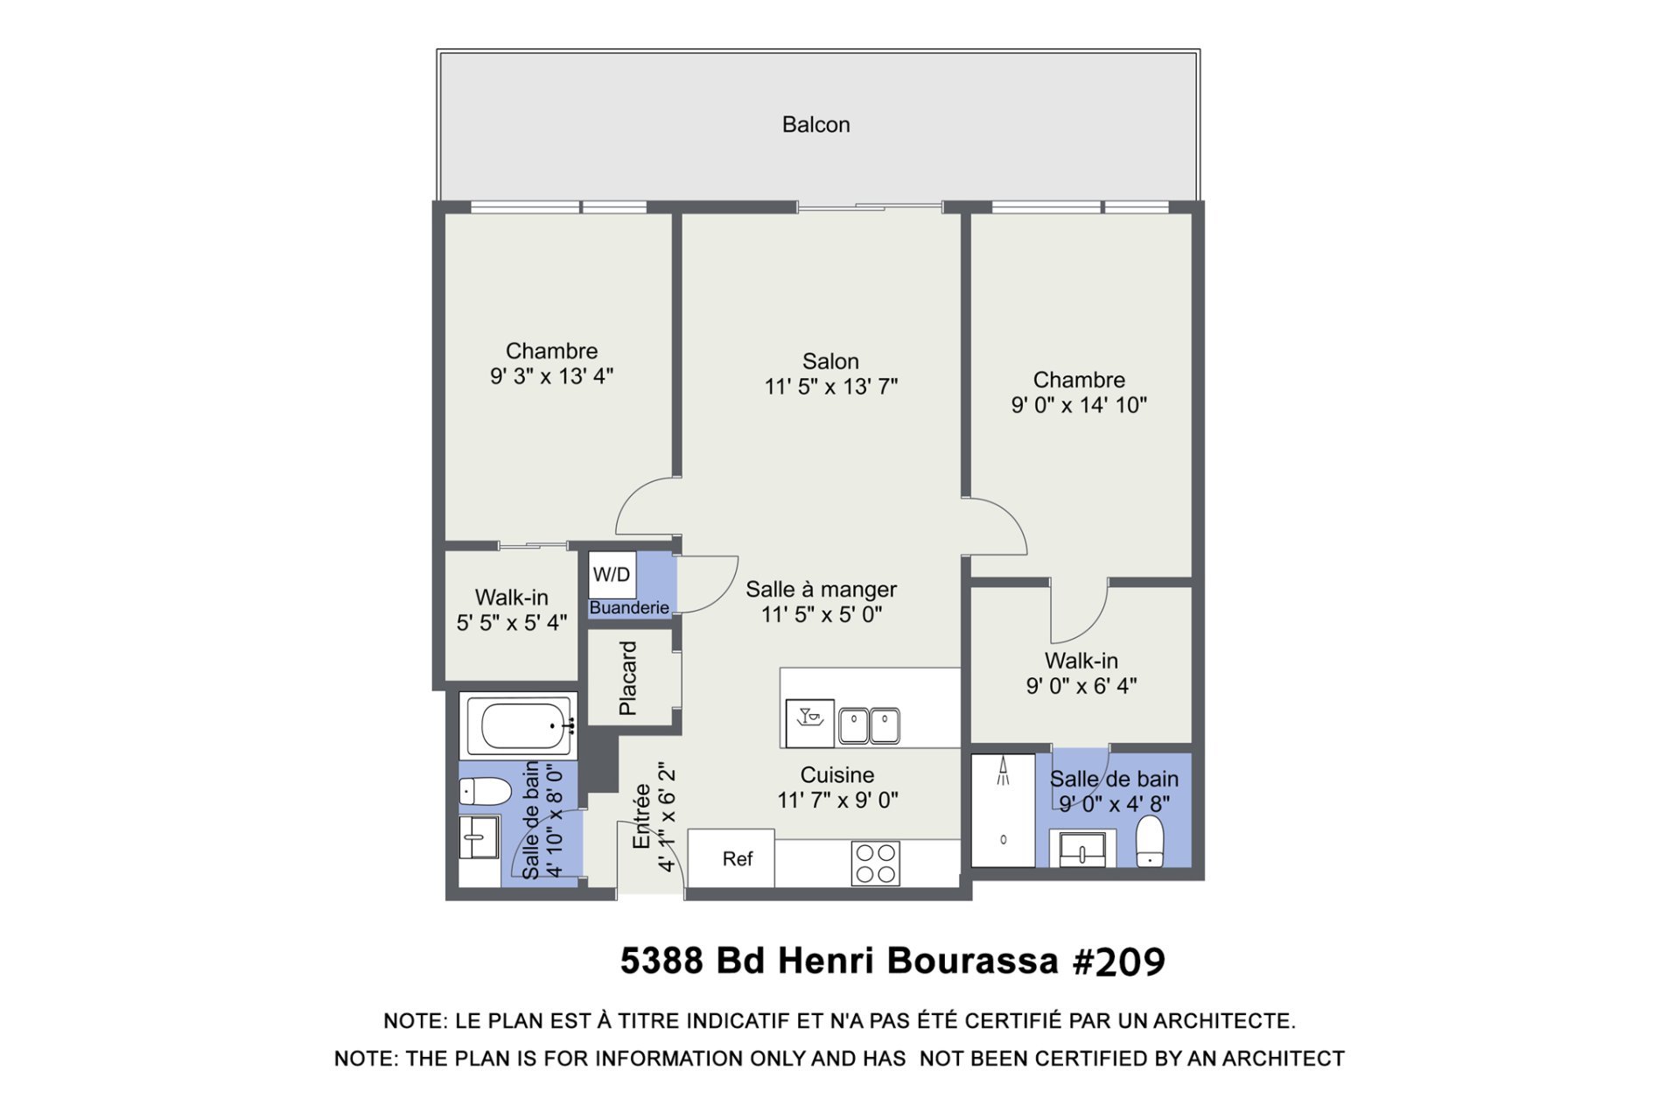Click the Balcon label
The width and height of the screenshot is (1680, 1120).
[815, 124]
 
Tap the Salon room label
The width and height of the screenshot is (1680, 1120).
[830, 360]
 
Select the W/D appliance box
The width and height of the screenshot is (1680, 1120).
[612, 575]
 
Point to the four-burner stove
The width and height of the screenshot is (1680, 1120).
[875, 863]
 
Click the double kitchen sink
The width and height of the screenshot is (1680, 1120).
[869, 725]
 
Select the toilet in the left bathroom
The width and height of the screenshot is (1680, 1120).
[486, 791]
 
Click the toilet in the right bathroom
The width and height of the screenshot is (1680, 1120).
[1150, 841]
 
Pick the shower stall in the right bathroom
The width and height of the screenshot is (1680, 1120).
[1004, 810]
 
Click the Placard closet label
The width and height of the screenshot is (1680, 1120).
[627, 678]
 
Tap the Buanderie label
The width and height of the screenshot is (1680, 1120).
[629, 607]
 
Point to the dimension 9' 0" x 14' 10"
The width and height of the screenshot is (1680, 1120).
[1079, 404]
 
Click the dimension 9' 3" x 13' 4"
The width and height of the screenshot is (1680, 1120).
[551, 375]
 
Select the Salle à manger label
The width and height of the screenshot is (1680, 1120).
[821, 590]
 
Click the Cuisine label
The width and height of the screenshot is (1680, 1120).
[837, 774]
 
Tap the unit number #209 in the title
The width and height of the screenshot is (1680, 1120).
[1119, 961]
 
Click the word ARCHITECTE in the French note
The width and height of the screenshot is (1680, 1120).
[1224, 1020]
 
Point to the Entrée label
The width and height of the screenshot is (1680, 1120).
[641, 815]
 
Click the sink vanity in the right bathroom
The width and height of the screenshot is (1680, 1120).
[1082, 849]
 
